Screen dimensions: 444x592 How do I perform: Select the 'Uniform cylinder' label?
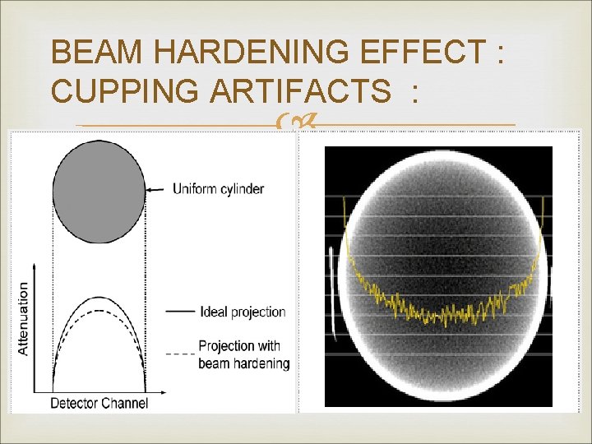pyautogui.click(x=218, y=189)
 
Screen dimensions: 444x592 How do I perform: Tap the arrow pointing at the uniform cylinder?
pyautogui.click(x=158, y=189)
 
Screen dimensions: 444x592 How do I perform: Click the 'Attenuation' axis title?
pyautogui.click(x=23, y=319)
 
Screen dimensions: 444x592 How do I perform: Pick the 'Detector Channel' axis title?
pyautogui.click(x=99, y=403)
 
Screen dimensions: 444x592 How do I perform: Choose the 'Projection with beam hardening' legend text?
pyautogui.click(x=243, y=354)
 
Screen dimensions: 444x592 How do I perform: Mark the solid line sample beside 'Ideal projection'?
pyautogui.click(x=179, y=312)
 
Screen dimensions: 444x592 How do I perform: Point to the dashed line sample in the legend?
pyautogui.click(x=179, y=354)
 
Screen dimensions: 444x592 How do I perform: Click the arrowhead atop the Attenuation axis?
pyautogui.click(x=35, y=266)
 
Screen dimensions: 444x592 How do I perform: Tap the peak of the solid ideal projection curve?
pyautogui.click(x=99, y=296)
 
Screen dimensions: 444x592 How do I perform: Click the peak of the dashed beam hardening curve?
pyautogui.click(x=99, y=310)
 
